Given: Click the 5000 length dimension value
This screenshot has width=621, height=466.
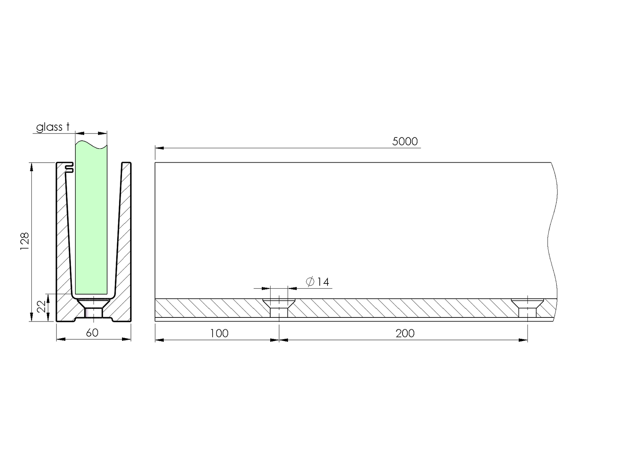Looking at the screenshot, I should pyautogui.click(x=405, y=142).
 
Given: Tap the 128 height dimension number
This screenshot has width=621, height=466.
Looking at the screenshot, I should pyautogui.click(x=24, y=241).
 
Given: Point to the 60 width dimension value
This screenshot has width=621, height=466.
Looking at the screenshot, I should pyautogui.click(x=92, y=333).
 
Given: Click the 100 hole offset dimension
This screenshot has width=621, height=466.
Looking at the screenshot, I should pyautogui.click(x=219, y=333).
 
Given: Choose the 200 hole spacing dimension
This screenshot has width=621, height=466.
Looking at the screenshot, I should pyautogui.click(x=405, y=333).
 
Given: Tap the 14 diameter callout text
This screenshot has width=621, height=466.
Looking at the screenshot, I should pyautogui.click(x=322, y=282).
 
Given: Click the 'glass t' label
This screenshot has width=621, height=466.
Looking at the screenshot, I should pyautogui.click(x=53, y=127).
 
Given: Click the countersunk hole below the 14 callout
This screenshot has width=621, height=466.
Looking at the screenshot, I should pyautogui.click(x=279, y=307).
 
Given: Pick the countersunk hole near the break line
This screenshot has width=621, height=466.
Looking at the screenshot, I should pyautogui.click(x=527, y=307).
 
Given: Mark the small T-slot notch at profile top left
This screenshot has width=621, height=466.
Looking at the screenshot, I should pyautogui.click(x=69, y=167).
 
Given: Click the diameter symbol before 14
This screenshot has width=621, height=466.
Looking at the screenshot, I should pyautogui.click(x=310, y=282).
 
